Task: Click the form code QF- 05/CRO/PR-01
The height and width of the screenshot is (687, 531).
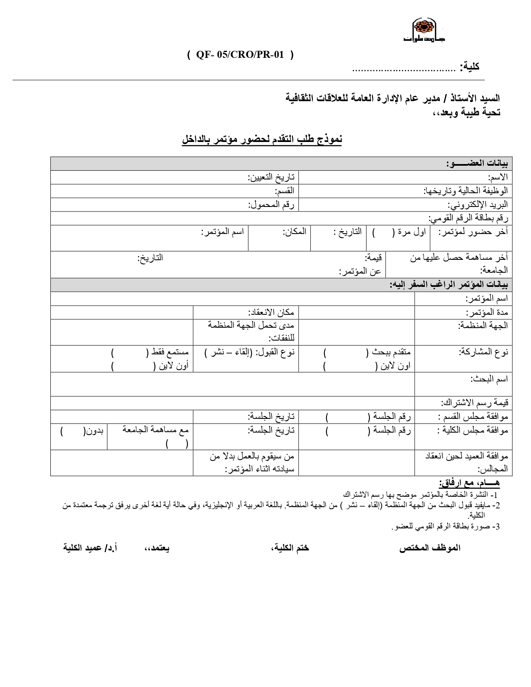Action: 240,55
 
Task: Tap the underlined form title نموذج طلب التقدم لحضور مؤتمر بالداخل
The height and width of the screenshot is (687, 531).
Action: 262,139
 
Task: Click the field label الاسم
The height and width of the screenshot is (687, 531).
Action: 498,177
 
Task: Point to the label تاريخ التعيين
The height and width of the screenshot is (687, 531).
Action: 271,177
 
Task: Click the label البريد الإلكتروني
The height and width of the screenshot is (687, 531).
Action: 478,205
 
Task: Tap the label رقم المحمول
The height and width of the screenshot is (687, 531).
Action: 271,205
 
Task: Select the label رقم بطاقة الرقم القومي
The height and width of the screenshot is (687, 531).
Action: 468,218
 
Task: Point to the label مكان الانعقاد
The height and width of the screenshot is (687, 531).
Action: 271,312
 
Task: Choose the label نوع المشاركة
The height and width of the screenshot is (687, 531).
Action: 483,352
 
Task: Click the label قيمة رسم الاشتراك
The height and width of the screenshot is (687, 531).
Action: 474,403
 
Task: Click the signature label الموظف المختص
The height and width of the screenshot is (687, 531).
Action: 430,548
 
